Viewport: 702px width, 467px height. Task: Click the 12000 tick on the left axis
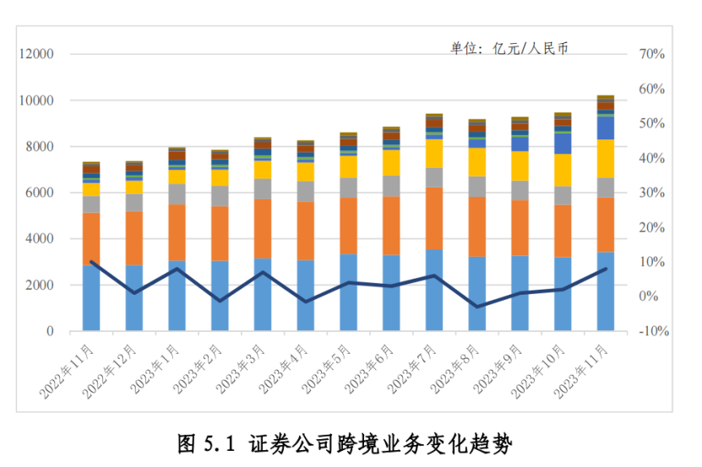pyautogui.click(x=36, y=54)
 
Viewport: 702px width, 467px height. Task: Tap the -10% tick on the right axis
pyautogui.click(x=650, y=331)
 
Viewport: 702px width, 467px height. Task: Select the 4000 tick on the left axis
pyautogui.click(x=40, y=239)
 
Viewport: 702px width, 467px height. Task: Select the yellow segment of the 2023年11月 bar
pyautogui.click(x=606, y=158)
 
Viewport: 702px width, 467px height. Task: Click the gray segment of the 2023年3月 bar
pyautogui.click(x=263, y=188)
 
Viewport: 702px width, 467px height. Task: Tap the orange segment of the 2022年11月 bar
pyautogui.click(x=91, y=238)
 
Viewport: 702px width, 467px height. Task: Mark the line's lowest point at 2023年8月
pyautogui.click(x=477, y=307)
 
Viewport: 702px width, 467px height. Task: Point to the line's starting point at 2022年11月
pyautogui.click(x=91, y=262)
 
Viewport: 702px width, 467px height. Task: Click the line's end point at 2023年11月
pyautogui.click(x=606, y=269)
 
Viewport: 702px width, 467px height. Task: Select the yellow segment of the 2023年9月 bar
pyautogui.click(x=520, y=166)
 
